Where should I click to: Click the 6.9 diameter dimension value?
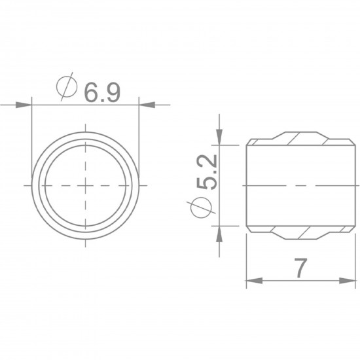(x=102, y=92)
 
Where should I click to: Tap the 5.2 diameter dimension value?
(x=207, y=171)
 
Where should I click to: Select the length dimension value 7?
(x=300, y=268)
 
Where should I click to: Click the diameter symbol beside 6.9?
(x=67, y=86)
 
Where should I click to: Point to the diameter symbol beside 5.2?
(x=201, y=207)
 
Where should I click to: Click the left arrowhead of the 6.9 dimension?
(x=24, y=105)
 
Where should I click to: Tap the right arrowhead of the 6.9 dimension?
(x=147, y=105)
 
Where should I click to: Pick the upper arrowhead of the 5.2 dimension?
(x=219, y=137)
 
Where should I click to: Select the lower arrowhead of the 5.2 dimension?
(x=219, y=234)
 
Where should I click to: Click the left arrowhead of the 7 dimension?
(x=254, y=281)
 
